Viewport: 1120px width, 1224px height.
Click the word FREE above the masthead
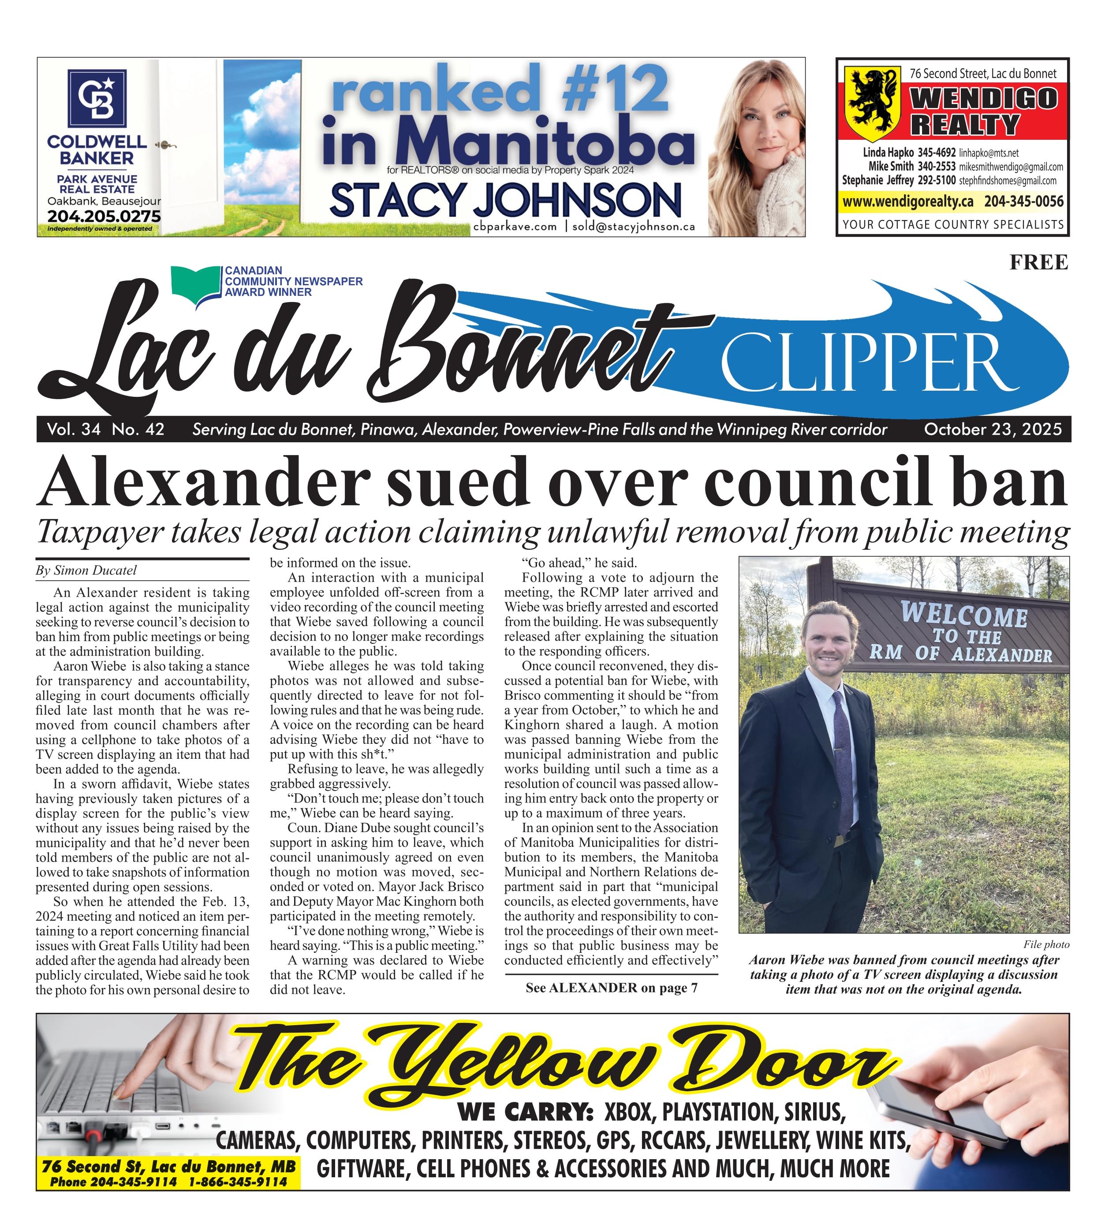tap(1038, 262)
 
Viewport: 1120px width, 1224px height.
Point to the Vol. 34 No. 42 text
tap(106, 430)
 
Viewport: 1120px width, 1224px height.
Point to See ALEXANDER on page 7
tap(611, 988)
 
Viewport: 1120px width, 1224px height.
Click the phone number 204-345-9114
tap(134, 1182)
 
